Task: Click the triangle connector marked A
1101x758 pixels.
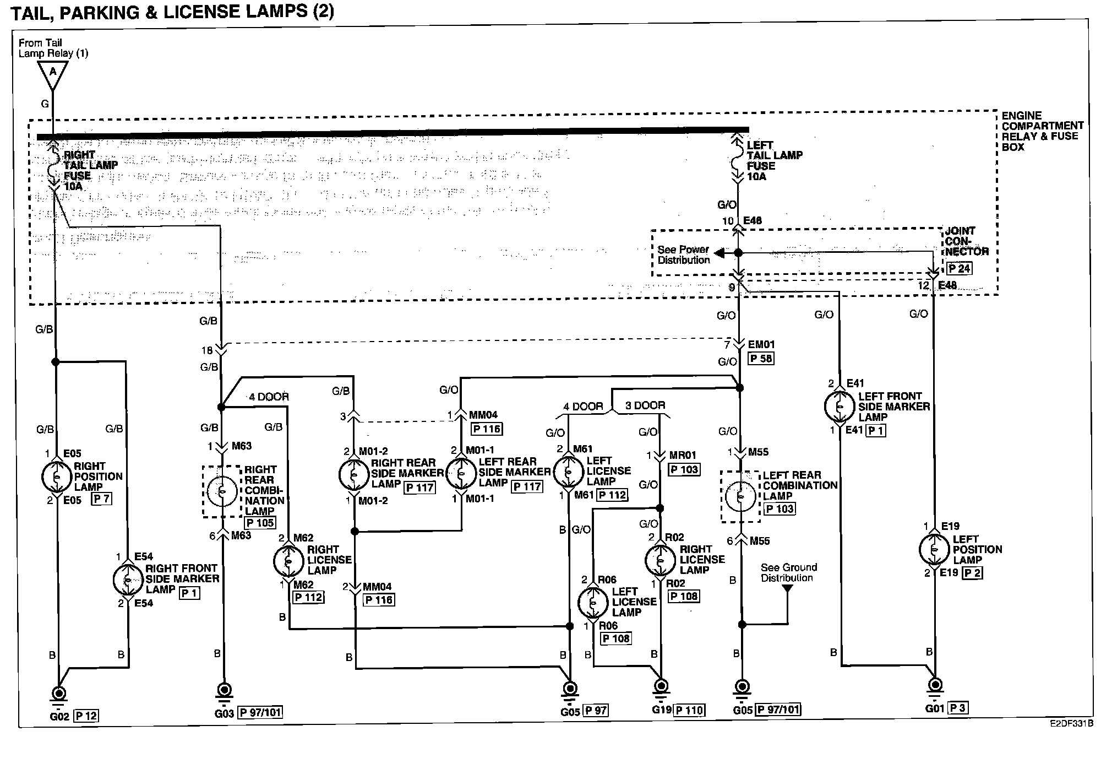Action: [x=53, y=74]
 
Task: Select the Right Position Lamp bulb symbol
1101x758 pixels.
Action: [x=57, y=477]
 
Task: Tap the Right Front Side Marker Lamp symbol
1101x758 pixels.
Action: [x=128, y=580]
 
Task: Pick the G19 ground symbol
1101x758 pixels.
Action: [x=661, y=688]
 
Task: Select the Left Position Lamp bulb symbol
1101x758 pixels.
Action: [x=934, y=549]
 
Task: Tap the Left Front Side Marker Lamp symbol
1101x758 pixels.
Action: [x=839, y=406]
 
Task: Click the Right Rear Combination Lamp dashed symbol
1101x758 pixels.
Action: [x=222, y=491]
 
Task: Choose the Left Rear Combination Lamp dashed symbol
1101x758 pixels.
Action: [x=741, y=496]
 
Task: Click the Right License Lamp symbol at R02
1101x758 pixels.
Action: [x=660, y=560]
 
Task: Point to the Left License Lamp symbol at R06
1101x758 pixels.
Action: [x=593, y=603]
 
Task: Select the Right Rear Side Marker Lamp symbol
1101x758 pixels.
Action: [x=353, y=474]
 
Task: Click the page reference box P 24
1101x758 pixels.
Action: [x=960, y=269]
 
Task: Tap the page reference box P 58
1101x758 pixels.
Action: [x=761, y=359]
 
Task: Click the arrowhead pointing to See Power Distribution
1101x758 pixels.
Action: [x=720, y=253]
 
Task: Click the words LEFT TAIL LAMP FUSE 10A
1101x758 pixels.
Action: [x=773, y=161]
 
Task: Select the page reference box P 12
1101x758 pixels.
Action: [x=86, y=716]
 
